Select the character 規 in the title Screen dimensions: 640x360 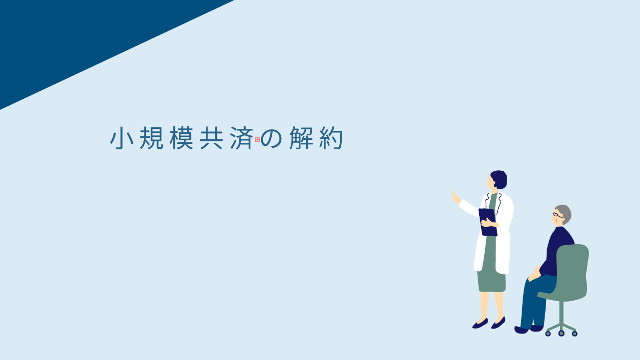(151, 138)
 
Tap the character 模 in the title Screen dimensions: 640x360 (181, 138)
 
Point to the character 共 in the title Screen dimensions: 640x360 (211, 138)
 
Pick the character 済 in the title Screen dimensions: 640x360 (241, 138)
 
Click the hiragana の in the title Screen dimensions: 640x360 (271, 139)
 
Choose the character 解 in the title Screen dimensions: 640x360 (301, 138)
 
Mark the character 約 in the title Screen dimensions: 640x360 (331, 138)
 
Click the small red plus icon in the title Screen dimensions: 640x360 (257, 140)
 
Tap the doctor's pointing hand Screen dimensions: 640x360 (456, 197)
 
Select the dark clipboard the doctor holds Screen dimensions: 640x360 (488, 222)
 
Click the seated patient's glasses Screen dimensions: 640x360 (558, 215)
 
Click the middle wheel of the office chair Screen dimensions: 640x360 (561, 333)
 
